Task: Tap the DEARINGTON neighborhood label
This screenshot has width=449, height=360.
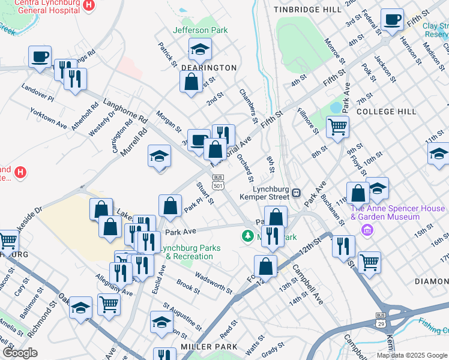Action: coord(209,68)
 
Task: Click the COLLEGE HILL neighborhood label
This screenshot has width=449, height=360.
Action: coord(386,112)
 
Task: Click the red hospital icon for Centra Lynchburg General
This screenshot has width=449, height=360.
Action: coord(89,5)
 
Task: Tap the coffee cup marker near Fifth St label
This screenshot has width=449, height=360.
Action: coord(392,20)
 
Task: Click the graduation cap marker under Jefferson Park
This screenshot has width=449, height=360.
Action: coord(200,49)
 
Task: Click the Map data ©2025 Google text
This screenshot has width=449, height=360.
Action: coord(411,355)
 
